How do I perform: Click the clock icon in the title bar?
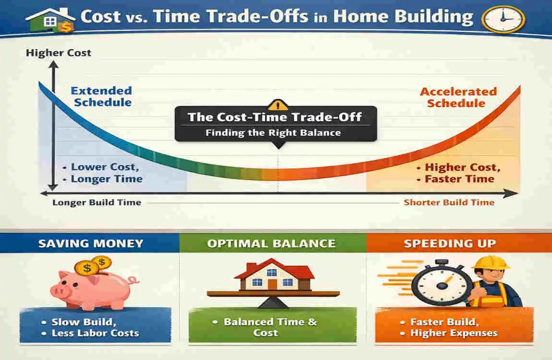pyautogui.click(x=503, y=17)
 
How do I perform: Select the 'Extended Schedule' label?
pyautogui.click(x=101, y=96)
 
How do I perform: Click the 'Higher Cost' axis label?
pyautogui.click(x=59, y=53)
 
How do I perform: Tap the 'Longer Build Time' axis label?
pyautogui.click(x=96, y=202)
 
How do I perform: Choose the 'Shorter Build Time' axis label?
pyautogui.click(x=449, y=202)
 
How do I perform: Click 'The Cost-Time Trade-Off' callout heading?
pyautogui.click(x=275, y=117)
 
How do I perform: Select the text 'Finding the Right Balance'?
pyautogui.click(x=273, y=133)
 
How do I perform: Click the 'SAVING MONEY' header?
pyautogui.click(x=91, y=243)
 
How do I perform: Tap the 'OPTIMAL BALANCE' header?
pyautogui.click(x=271, y=243)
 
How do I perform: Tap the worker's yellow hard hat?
pyautogui.click(x=490, y=263)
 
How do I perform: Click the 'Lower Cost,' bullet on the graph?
pyautogui.click(x=105, y=168)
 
